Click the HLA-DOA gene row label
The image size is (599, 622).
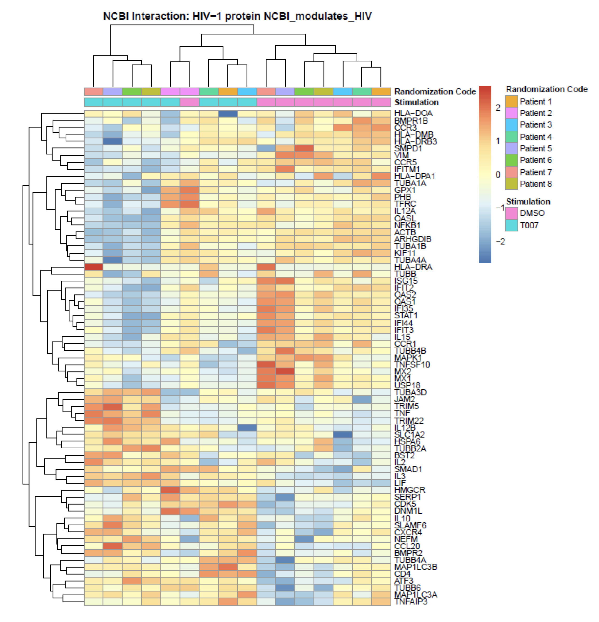click(x=413, y=113)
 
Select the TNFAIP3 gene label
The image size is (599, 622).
click(x=411, y=601)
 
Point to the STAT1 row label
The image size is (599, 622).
click(x=405, y=315)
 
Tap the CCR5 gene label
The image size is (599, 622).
click(x=405, y=162)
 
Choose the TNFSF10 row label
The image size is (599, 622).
click(x=412, y=364)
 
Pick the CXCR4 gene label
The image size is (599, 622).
click(x=408, y=532)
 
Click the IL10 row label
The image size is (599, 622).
click(x=402, y=518)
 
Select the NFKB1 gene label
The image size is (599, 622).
click(x=407, y=225)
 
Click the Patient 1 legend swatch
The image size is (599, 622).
click(x=511, y=102)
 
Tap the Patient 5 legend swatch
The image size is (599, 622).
click(x=511, y=148)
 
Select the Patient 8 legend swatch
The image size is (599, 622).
click(x=511, y=184)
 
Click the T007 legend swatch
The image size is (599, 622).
click(x=511, y=225)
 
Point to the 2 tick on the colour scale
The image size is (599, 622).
click(x=498, y=108)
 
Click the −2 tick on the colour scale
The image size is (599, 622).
click(x=500, y=242)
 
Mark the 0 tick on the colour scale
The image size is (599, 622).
click(x=498, y=174)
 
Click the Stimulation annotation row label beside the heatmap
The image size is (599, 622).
click(x=416, y=102)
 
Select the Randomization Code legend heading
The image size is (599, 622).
click(x=546, y=89)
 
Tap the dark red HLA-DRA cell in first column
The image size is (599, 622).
click(x=94, y=267)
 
